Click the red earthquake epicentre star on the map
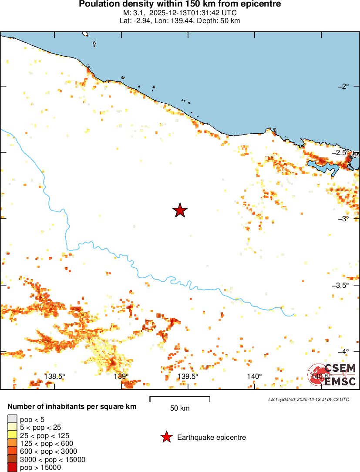pos(180,210)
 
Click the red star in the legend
pos(166,437)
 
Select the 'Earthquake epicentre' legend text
pos(212,437)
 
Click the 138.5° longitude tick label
pos(54,377)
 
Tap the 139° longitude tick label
pos(121,377)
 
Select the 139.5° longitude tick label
pos(188,377)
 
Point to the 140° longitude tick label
pos(254,377)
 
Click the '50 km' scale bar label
pos(180,408)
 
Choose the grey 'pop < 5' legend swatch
pos(12,419)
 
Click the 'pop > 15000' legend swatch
pos(12,468)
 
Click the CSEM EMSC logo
pos(333,374)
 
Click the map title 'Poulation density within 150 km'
pos(180,4)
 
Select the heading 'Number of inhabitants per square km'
pos(72,407)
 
